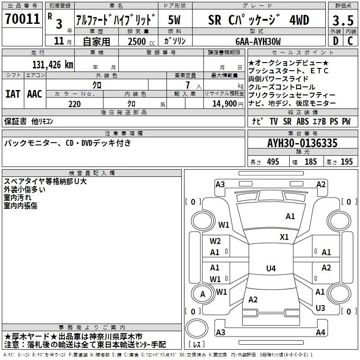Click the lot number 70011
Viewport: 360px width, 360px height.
(22, 19)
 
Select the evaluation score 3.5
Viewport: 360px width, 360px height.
(343, 20)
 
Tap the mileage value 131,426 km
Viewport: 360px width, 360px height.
(53, 65)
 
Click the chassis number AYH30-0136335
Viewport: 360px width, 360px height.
(302, 144)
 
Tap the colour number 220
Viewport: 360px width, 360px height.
(75, 104)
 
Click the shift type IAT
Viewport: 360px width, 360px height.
(13, 94)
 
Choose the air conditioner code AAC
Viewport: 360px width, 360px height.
(34, 94)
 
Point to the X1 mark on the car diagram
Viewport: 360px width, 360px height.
(284, 237)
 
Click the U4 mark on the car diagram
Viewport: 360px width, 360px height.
(270, 269)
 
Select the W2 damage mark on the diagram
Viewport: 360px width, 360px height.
(215, 241)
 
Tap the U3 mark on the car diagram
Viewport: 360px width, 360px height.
(320, 308)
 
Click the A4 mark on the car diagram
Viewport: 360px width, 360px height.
(320, 333)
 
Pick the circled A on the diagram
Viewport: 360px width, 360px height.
(202, 294)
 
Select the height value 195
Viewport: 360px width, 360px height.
(346, 162)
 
